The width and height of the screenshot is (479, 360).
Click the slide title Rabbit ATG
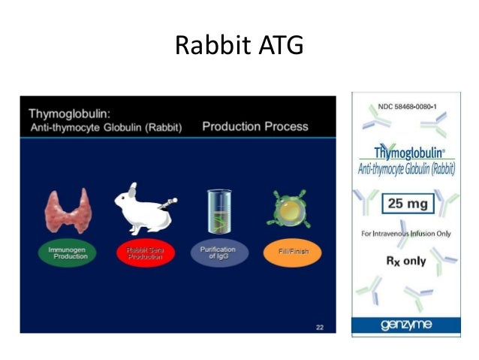tap(239, 46)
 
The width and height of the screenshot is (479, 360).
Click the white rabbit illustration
tap(140, 211)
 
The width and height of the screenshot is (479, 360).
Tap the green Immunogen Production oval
tap(68, 253)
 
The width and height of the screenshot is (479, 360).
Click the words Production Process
tap(255, 126)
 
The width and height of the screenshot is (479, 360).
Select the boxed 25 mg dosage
tap(405, 202)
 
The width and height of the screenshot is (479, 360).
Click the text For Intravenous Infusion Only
tap(405, 234)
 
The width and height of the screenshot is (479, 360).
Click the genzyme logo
tap(405, 325)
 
